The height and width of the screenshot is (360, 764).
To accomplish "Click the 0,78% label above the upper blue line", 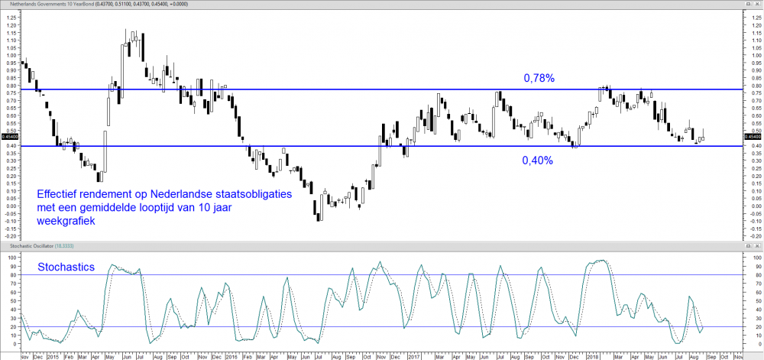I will [x=539, y=78].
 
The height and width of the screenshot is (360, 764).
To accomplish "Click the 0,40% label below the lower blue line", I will [x=537, y=161].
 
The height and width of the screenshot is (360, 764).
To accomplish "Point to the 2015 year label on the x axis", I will [x=53, y=355].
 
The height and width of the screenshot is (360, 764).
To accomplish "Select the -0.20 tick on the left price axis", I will [x=9, y=236].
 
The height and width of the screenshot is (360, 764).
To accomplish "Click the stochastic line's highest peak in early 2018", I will [x=602, y=261].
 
